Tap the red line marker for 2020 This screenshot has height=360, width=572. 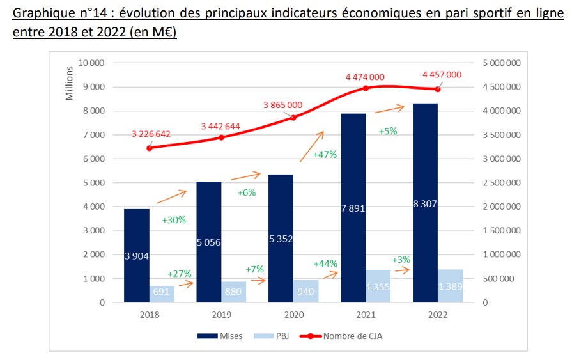(293, 118)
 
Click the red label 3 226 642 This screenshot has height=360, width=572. (151, 134)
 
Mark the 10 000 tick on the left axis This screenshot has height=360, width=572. (92, 63)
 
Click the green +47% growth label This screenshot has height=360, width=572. (325, 155)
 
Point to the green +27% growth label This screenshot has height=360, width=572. (179, 274)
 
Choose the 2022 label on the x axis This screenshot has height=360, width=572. (438, 315)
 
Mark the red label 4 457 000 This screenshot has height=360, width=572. (442, 74)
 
